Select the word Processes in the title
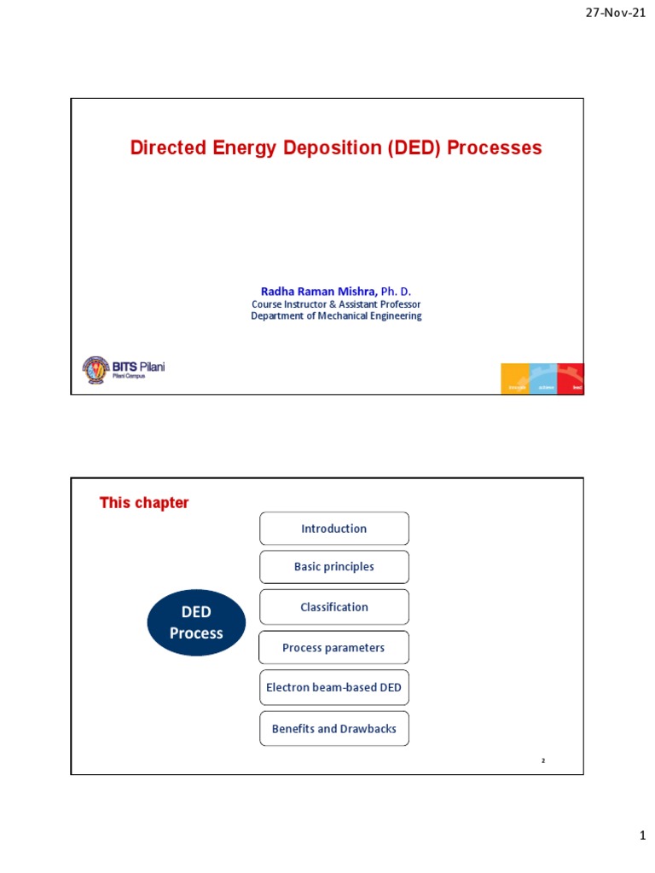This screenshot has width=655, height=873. pos(495,148)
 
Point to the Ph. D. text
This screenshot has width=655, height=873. pos(396,292)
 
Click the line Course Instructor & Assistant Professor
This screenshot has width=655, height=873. pos(335,304)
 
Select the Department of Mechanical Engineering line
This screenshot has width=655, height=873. pos(335,316)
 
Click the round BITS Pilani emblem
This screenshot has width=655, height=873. pos(96,369)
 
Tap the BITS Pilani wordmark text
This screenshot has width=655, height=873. pos(138,367)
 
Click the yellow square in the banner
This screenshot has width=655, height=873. pos(515,379)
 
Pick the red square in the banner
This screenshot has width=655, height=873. pos(571,379)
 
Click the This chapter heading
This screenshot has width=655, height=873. pos(144,503)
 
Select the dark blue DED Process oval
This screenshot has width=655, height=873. pos(196,623)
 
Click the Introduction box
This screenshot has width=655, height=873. pos(333,529)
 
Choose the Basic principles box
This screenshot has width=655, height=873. pos(333,567)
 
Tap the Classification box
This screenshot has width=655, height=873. pos(333,607)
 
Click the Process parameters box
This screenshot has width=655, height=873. pos(333,648)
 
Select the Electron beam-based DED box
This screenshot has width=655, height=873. pos(333,687)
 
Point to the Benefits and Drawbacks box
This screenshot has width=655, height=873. pos(333,729)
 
